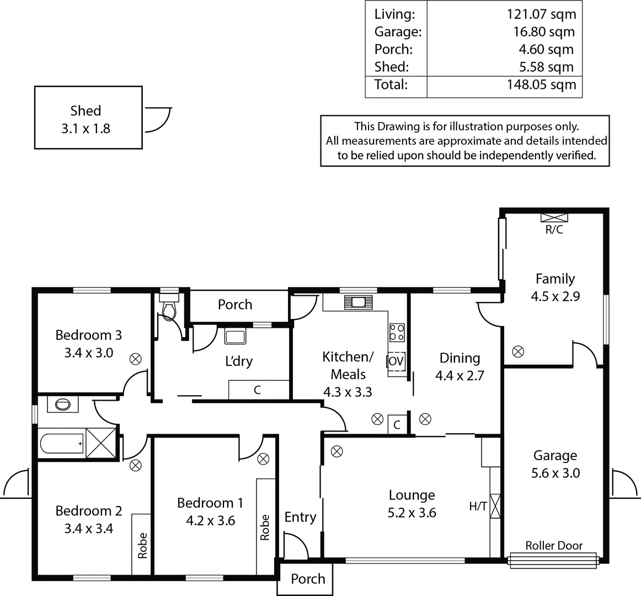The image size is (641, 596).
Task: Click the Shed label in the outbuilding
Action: [86, 111]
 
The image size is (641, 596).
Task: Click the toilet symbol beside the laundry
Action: [168, 310]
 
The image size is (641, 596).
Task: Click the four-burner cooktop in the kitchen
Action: [397, 332]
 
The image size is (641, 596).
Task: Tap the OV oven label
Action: [396, 361]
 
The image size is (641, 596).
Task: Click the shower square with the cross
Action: [101, 443]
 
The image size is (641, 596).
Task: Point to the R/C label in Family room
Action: [554, 230]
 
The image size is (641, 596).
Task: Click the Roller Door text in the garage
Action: [554, 546]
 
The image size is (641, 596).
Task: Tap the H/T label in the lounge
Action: [478, 506]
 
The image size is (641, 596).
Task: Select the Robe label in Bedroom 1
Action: [265, 527]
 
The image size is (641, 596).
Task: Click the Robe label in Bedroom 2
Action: [142, 545]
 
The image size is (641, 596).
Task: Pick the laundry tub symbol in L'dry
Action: [236, 336]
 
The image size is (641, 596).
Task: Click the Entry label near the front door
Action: [300, 517]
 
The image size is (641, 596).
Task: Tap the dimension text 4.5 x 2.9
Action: [555, 296]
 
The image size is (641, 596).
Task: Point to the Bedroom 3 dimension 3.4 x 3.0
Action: [89, 353]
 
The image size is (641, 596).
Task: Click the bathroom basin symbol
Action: [63, 405]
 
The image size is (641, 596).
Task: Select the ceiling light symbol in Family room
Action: [518, 352]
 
